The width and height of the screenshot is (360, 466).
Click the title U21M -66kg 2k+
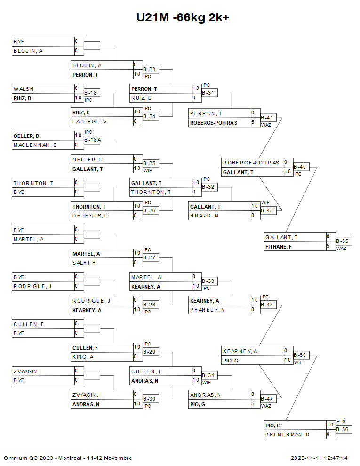(183, 17)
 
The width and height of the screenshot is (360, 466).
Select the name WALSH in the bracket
(25, 89)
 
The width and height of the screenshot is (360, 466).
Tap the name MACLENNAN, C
(35, 145)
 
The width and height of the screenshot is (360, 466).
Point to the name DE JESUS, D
(90, 216)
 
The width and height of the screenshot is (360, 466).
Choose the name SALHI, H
(85, 263)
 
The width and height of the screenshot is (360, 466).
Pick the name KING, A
(83, 357)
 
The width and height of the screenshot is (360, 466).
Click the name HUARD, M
(203, 216)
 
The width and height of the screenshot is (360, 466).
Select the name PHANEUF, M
(208, 310)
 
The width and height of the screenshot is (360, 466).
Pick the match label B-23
(149, 70)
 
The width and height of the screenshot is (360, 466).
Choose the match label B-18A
(92, 140)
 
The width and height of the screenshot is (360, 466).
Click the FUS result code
(341, 422)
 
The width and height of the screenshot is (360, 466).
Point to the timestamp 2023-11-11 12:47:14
(319, 458)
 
